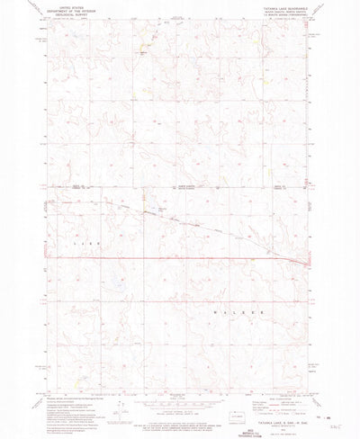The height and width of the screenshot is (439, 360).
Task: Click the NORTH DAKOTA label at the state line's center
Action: tap(178, 187)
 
